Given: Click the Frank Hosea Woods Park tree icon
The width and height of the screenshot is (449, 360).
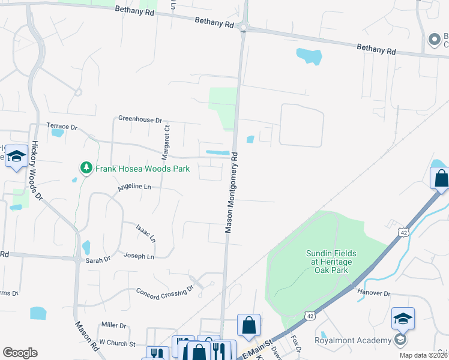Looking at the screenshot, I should pos(86,169).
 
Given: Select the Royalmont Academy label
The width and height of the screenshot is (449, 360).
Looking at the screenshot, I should pos(352,340).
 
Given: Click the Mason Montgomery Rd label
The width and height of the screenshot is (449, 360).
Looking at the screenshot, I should pos(232,192).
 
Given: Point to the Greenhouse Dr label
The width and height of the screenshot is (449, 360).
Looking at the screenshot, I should pos(140,119).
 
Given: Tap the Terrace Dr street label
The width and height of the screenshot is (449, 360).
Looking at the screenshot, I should pos(62,127).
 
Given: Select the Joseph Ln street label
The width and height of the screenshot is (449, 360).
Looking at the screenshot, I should pos(139,256).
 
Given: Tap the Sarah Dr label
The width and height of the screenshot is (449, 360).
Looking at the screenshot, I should pos(98,259).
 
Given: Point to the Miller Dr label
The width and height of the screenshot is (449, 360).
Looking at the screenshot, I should pos(114,325).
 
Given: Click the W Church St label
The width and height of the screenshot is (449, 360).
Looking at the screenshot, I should pos(117,342).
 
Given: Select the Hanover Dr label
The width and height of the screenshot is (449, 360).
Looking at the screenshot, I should pos(374,293).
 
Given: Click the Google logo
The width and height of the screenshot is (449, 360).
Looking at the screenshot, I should pos(20,353).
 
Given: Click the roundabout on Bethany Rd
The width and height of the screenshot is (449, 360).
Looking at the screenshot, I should pos(243,27).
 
